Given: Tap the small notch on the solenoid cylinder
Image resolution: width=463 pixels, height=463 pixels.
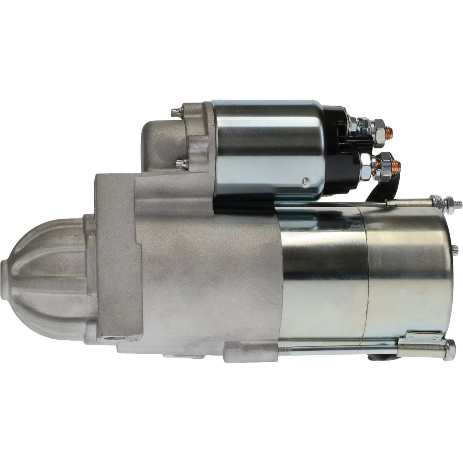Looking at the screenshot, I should point(306,181).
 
